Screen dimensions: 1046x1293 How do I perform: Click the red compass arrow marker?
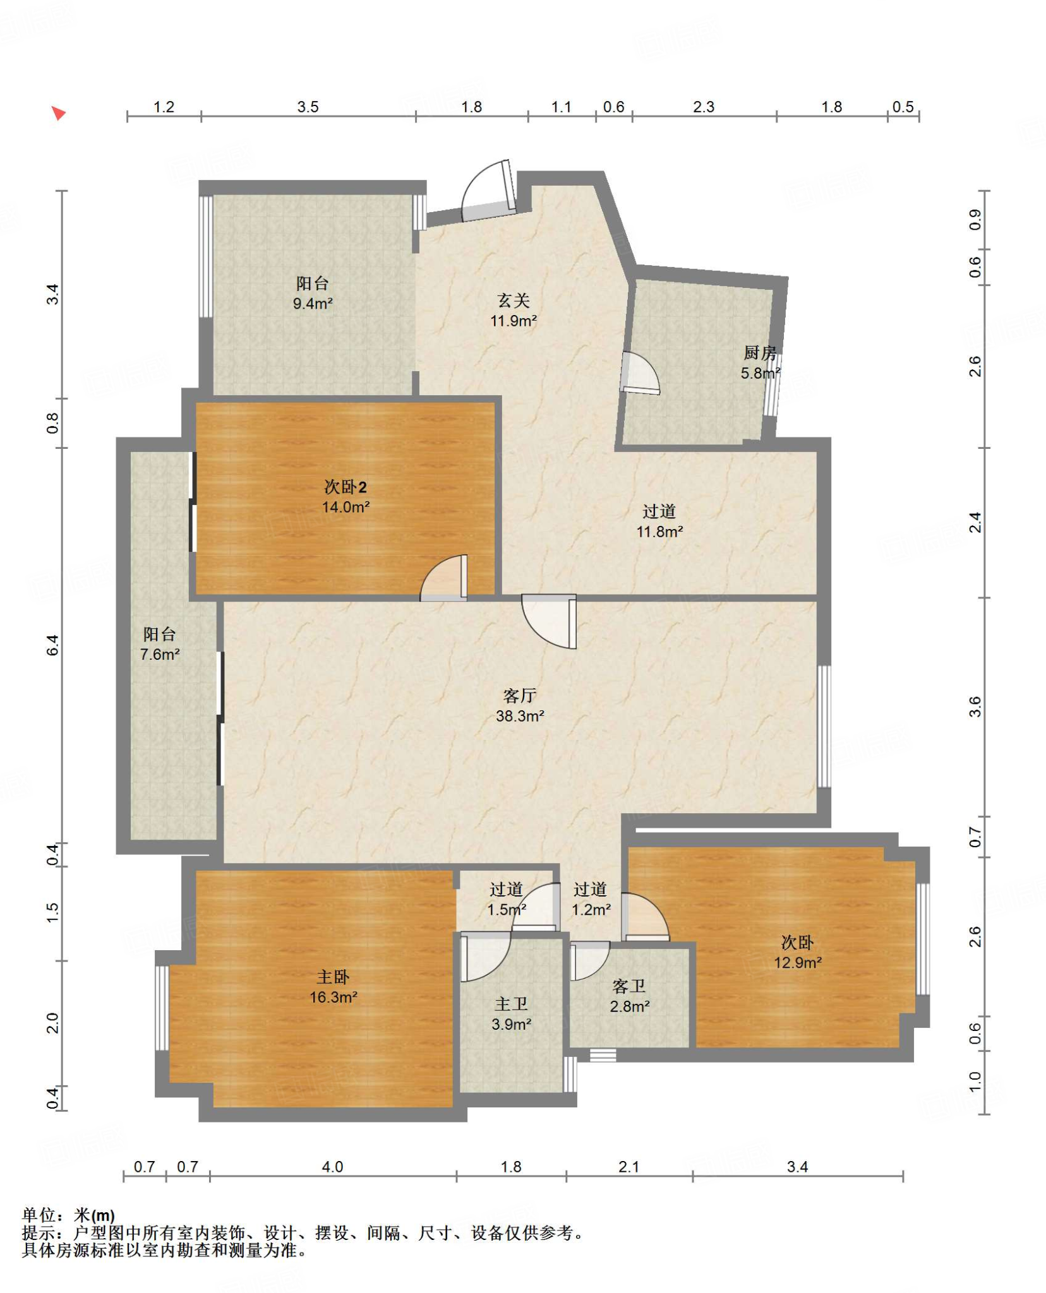pos(59,113)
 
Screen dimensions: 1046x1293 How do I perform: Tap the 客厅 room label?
pos(519,695)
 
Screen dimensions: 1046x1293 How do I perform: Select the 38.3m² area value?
pos(520,715)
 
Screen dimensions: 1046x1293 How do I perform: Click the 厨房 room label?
pos(760,353)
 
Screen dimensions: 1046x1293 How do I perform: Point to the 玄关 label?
pos(513,301)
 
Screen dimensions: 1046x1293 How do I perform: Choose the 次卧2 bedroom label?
pos(345,487)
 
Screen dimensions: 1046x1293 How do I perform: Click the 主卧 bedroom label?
pos(333,977)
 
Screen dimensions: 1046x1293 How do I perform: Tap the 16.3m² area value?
pos(334,998)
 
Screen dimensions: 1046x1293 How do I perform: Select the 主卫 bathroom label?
pos(511,1004)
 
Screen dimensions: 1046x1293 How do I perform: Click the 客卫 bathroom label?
pos(629,986)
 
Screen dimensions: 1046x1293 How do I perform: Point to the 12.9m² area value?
pos(798,963)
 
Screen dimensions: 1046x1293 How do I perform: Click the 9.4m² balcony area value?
pos(313,304)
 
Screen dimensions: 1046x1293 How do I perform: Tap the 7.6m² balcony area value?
pos(160,655)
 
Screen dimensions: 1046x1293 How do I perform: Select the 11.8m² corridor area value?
pos(659,532)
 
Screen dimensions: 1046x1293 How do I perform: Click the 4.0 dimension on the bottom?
pos(332,1167)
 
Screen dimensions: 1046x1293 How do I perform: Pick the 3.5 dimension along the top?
pos(308,107)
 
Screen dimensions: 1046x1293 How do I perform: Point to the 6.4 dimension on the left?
pos(52,645)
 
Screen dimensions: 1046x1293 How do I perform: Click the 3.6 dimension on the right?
pos(975,706)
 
